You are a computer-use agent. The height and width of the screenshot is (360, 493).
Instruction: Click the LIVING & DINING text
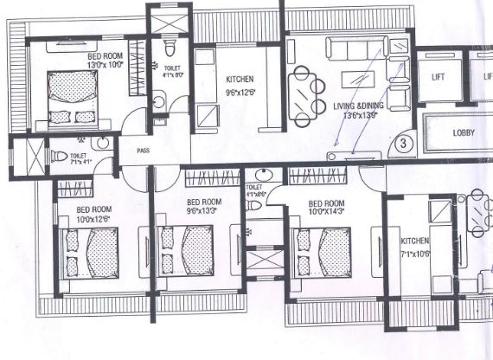(360, 106)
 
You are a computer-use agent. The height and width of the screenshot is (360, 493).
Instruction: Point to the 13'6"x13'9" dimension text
(360, 114)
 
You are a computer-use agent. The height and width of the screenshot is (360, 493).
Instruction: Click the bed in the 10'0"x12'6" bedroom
(90, 252)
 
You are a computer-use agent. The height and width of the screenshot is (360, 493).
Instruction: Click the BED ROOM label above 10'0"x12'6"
(93, 209)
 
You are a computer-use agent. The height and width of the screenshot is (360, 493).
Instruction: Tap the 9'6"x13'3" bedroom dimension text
(204, 210)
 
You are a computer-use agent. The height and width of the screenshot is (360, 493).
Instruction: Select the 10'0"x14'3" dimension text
(330, 210)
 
